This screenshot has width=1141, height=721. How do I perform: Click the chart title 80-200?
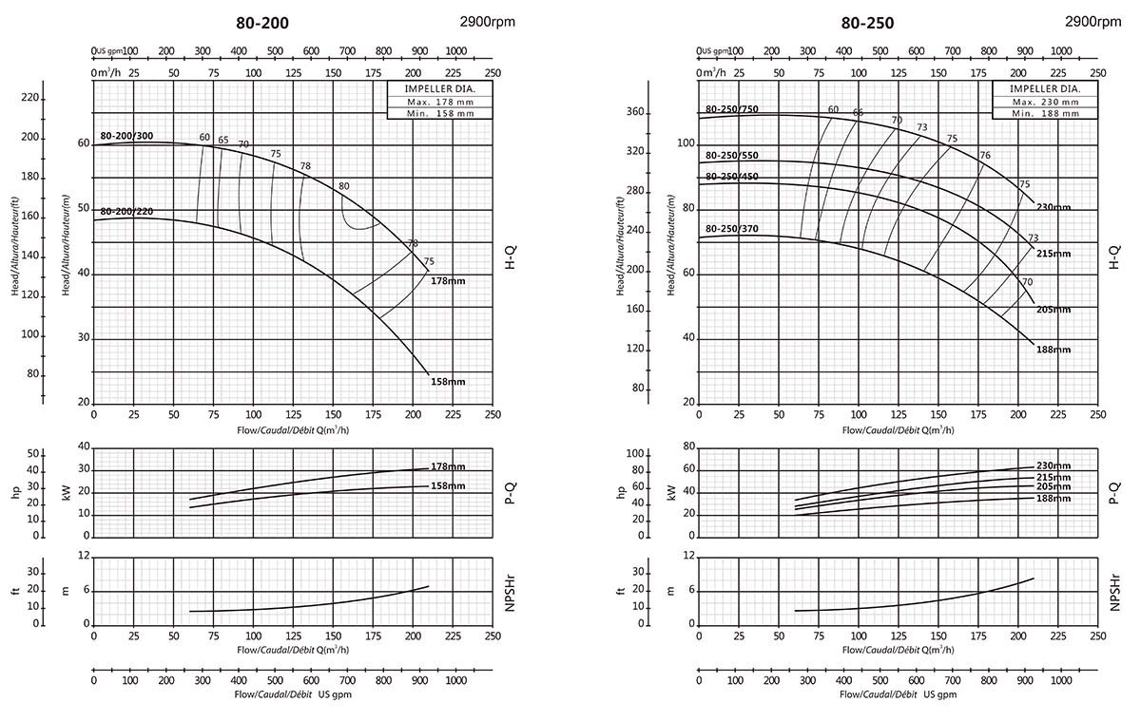coord(262,23)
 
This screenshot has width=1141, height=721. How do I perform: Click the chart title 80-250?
coord(867,23)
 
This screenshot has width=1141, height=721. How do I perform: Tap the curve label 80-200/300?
coord(126,136)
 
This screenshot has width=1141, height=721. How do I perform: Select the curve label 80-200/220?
coord(126,211)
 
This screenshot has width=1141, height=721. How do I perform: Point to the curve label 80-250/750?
coord(732,108)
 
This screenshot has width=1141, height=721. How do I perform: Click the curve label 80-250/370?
coord(732,229)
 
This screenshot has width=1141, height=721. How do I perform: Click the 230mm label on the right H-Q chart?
coord(1054,207)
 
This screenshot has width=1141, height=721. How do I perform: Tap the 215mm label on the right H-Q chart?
coord(1054,254)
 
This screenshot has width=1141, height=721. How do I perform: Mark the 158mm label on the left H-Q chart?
coord(448,381)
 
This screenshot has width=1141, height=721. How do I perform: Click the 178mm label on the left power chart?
coord(448,466)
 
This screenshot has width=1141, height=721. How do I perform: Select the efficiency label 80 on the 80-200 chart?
coord(343,186)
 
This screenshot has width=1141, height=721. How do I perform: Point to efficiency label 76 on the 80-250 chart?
coord(985,155)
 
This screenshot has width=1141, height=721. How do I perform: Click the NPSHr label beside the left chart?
coord(511,591)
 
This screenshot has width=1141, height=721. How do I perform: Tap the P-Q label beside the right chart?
coord(1115,491)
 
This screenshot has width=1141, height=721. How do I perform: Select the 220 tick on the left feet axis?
coord(30,98)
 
